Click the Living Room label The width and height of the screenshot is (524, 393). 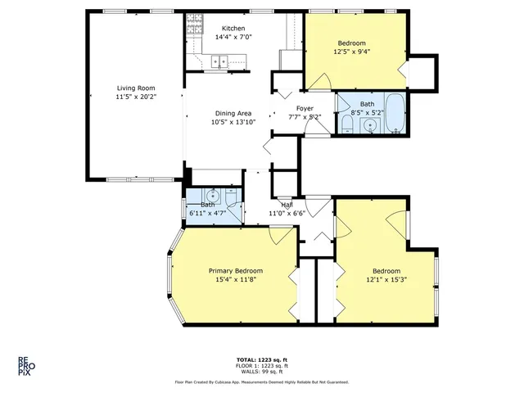(135, 88)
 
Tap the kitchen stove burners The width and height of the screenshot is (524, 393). (193, 29)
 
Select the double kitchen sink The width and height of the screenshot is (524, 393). (219, 60)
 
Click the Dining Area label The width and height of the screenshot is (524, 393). (233, 113)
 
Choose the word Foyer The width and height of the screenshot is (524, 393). (304, 108)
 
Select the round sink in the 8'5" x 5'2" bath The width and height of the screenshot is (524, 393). (371, 126)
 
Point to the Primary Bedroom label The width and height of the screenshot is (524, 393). (235, 271)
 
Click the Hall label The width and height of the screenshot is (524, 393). (286, 206)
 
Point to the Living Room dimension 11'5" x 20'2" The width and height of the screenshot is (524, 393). (135, 97)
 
